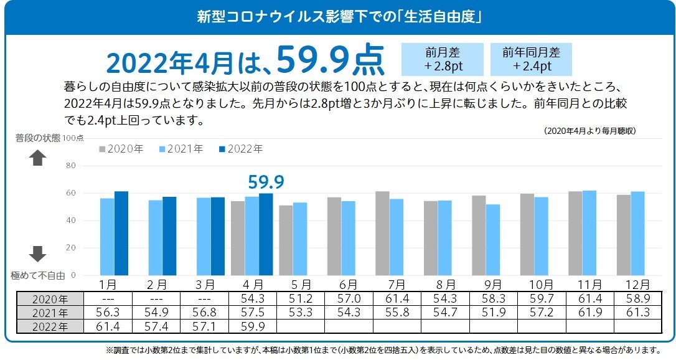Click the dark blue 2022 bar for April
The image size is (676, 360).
(266, 234)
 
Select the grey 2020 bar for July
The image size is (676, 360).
(382, 233)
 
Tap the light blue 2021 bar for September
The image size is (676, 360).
(492, 240)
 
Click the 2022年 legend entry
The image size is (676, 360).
(240, 149)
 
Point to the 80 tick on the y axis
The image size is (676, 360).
(70, 166)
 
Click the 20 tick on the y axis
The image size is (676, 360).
(70, 247)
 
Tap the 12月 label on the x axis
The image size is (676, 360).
(637, 285)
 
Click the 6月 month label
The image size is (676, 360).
(349, 285)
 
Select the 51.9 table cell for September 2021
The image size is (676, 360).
(492, 313)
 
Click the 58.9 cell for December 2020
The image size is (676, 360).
(637, 299)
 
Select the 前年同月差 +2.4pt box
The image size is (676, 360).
(531, 59)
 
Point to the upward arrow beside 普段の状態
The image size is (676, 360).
(38, 158)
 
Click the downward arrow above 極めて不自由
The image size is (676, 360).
(38, 253)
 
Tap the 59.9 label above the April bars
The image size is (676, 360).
(266, 182)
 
